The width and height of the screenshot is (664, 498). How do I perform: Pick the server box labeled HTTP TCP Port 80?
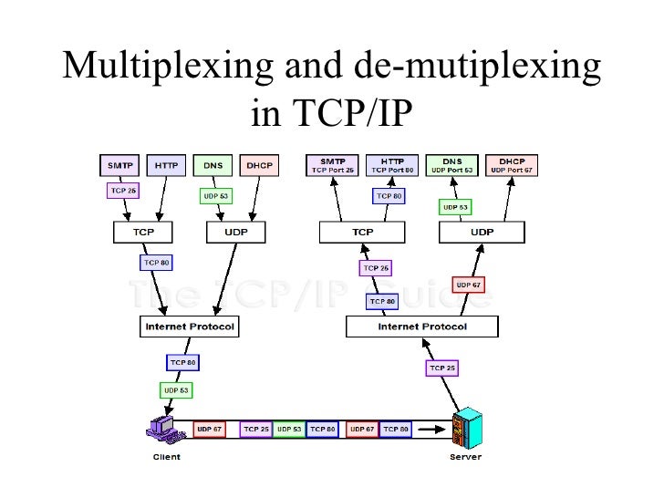pyautogui.click(x=392, y=165)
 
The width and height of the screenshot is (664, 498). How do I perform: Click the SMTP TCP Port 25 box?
pyautogui.click(x=332, y=165)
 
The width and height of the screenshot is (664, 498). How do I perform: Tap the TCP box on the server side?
pyautogui.click(x=363, y=233)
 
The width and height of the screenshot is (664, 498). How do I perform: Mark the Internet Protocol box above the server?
pyautogui.click(x=422, y=326)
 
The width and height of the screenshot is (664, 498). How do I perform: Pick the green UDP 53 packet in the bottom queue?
pyautogui.click(x=289, y=428)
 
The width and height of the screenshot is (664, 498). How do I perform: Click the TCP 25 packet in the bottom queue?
pyautogui.click(x=255, y=428)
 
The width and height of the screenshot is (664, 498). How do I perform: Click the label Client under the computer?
pyautogui.click(x=165, y=456)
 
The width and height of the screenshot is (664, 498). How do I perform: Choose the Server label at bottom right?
pyautogui.click(x=465, y=456)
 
